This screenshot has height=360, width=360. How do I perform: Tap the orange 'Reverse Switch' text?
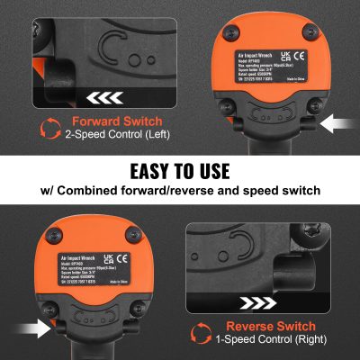click(x=269, y=325)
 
